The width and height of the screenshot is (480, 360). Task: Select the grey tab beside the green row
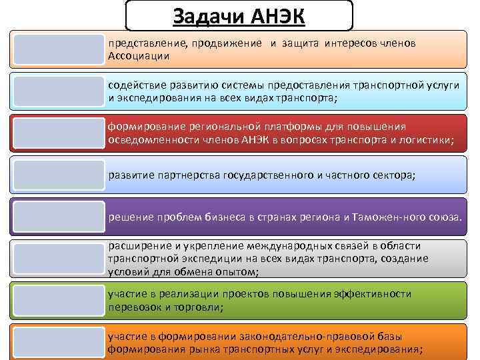(x=59, y=300)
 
